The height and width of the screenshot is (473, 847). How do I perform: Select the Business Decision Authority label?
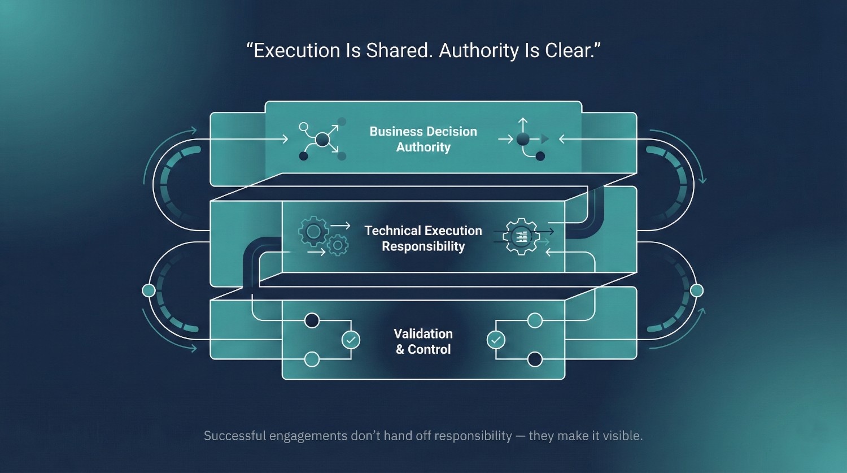tap(423, 139)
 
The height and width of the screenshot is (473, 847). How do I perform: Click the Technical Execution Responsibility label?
tap(423, 238)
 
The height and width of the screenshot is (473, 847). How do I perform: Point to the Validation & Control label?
tap(423, 341)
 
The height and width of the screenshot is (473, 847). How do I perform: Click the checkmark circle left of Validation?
tap(351, 340)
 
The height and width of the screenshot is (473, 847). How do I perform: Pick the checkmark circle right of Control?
tap(496, 340)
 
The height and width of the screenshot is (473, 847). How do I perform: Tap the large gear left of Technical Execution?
tap(313, 231)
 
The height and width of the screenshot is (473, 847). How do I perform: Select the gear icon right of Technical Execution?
tap(521, 236)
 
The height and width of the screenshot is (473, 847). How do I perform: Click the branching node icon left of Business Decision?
tap(322, 139)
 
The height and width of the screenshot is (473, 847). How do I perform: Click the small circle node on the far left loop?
tap(149, 290)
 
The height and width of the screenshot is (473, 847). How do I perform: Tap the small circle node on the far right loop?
tap(696, 290)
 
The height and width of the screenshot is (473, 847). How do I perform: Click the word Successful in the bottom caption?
tap(235, 436)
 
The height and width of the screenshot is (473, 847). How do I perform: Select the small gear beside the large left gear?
tap(338, 245)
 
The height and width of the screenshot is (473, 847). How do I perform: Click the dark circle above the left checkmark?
tap(312, 320)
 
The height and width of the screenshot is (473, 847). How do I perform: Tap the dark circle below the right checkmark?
tap(535, 359)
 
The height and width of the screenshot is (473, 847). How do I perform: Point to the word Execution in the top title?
tap(297, 51)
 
